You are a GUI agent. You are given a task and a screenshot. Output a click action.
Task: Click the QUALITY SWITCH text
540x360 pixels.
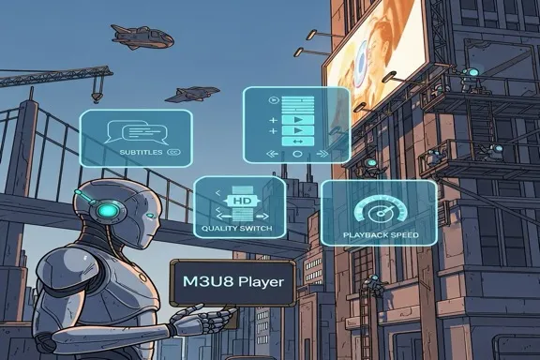coord(236,228)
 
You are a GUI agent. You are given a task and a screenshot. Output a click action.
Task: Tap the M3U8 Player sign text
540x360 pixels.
coord(232,280)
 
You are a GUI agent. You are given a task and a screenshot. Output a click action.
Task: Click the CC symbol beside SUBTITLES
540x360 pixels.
coord(172,152)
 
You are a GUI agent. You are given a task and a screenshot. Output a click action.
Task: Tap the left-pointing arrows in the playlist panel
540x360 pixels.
coord(273,152)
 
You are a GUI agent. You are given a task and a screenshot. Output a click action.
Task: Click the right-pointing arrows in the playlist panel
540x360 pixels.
coord(322,152)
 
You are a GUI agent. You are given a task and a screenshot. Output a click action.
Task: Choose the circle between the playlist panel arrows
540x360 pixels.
coord(298,152)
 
